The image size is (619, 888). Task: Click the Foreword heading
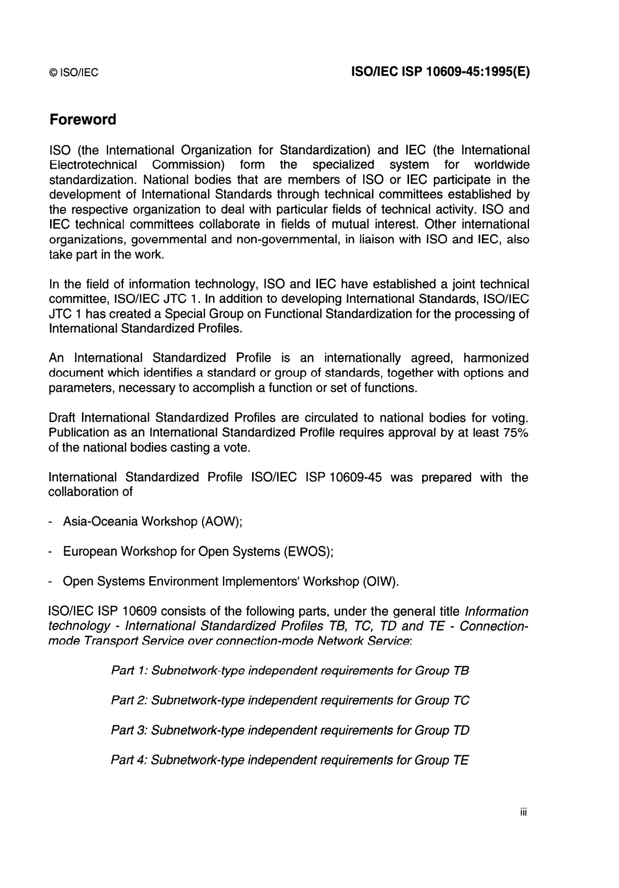click(83, 120)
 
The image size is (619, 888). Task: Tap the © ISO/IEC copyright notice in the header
click(74, 72)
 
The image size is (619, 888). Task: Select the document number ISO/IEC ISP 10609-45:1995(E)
click(440, 72)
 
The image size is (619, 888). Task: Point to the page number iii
click(523, 812)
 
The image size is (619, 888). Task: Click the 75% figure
click(515, 433)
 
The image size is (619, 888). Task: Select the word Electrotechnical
click(93, 165)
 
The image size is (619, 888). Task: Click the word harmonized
click(496, 358)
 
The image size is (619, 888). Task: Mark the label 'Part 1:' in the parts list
click(129, 671)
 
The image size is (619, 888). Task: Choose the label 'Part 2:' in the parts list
click(129, 701)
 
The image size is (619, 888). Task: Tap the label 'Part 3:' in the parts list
click(129, 730)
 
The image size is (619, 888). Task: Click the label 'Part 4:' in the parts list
click(129, 760)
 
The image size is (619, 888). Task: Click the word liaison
click(377, 239)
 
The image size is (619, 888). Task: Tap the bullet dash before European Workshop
click(51, 552)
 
